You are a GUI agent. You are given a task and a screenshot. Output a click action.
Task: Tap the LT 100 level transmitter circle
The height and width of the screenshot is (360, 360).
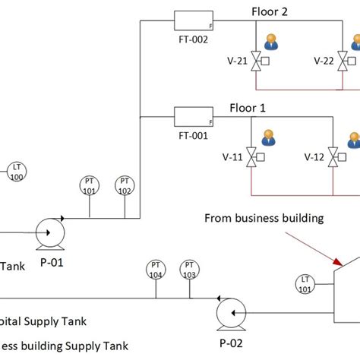click(16, 172)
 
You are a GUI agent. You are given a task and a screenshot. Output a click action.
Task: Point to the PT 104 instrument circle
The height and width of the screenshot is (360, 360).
click(155, 270)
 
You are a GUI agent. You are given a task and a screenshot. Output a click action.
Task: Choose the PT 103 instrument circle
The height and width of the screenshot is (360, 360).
click(188, 270)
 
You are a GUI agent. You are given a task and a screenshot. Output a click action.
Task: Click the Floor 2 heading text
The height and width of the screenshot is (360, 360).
click(270, 11)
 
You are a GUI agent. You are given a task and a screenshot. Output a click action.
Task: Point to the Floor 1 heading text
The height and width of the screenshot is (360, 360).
click(248, 108)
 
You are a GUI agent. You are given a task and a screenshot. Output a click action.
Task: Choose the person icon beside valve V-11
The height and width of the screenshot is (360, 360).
click(268, 138)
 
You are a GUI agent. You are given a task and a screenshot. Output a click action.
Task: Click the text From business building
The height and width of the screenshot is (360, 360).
click(264, 218)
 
